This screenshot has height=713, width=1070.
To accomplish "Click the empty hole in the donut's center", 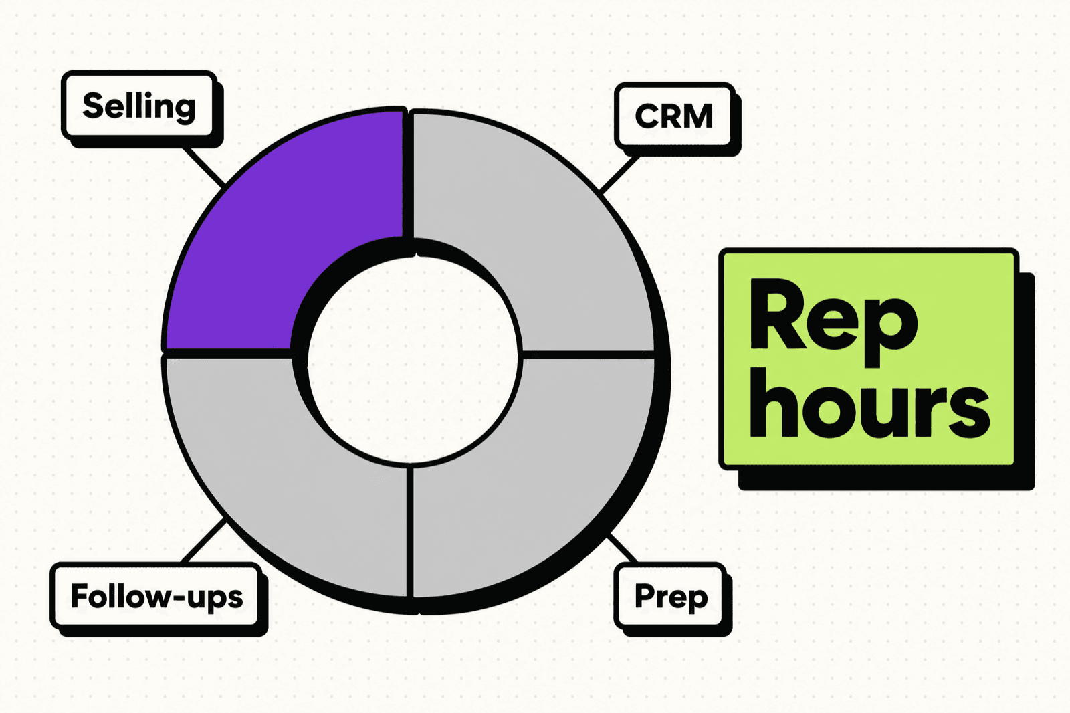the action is point(414,361).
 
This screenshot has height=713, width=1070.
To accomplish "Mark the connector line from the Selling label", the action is point(203,167).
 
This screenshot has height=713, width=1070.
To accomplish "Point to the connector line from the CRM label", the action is point(619,174).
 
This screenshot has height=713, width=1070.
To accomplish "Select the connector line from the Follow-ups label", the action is point(203,541).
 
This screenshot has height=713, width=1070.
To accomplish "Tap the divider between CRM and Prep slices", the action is point(588,354).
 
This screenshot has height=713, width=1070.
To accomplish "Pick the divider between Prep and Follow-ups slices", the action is point(409,531).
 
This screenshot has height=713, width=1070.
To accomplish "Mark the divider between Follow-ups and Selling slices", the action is point(228,354).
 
